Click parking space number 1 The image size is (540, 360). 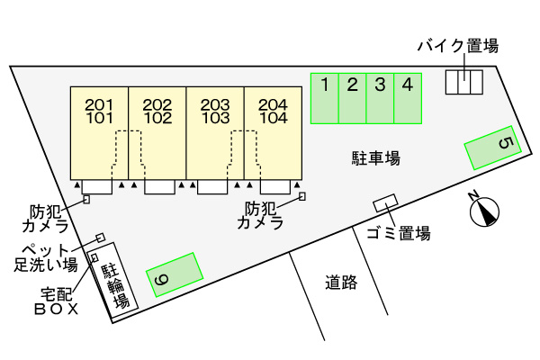point(325,98)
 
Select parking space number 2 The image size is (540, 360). point(353,98)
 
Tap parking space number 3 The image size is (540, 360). point(381,98)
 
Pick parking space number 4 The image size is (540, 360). point(409,98)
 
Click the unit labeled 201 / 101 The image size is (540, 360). point(99,132)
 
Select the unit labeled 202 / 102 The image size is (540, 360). point(157,132)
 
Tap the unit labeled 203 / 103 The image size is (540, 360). point(215,132)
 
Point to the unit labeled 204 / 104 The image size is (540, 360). point(273,132)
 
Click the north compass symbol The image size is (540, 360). point(484,212)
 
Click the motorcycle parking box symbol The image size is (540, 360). point(464,82)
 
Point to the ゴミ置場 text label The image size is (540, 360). point(398,234)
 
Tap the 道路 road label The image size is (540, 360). point(341,283)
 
